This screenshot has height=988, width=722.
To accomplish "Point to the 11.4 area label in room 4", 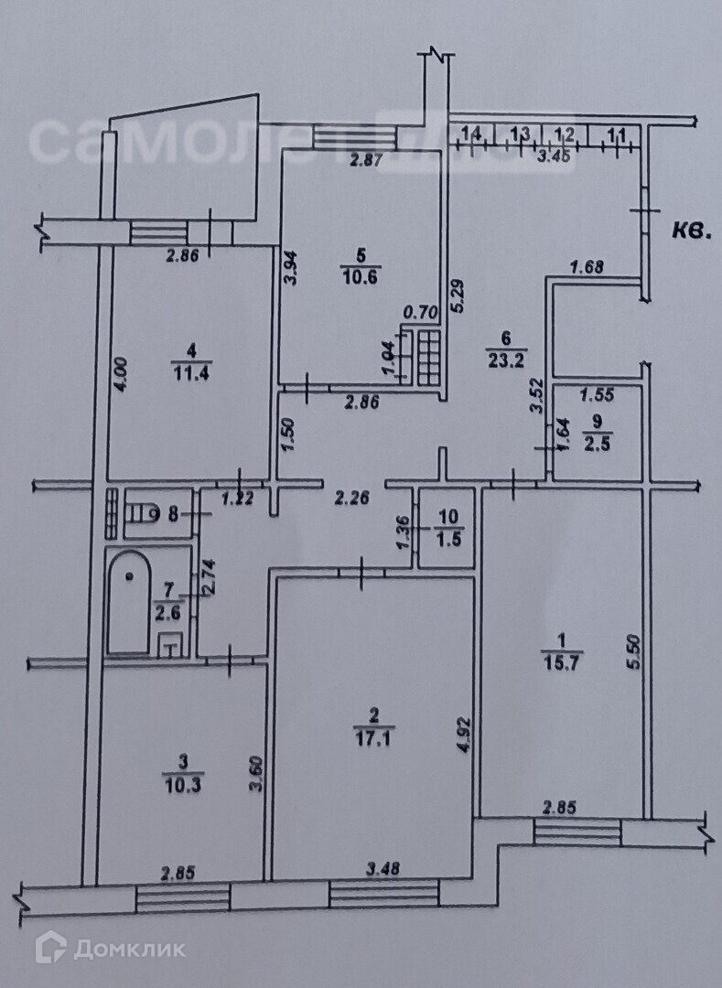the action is tap(189, 370).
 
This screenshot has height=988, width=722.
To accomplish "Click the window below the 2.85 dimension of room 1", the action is tap(577, 832).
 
